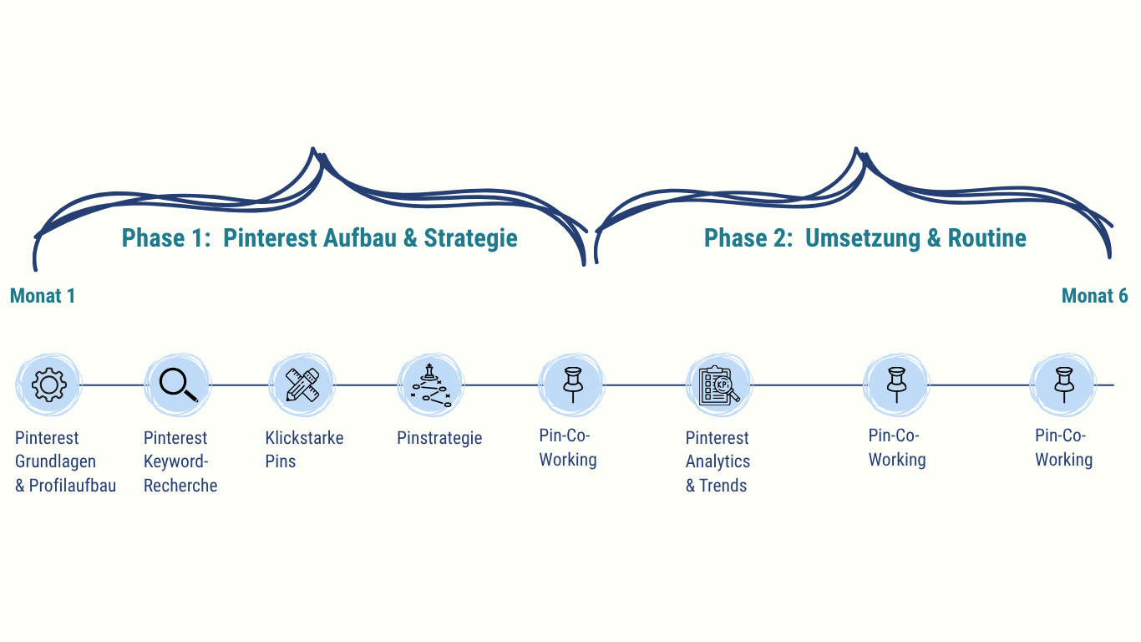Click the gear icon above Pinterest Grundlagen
(x=48, y=385)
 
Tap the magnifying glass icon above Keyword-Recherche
(x=178, y=385)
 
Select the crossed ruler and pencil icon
(x=301, y=385)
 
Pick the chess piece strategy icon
(x=430, y=385)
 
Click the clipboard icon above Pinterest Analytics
(x=718, y=385)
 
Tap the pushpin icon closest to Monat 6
(x=1062, y=385)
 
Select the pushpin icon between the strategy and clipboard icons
(x=572, y=385)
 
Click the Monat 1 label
(x=43, y=296)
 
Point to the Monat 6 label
(x=1094, y=296)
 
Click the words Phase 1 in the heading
(x=165, y=238)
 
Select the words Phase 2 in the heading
(x=748, y=238)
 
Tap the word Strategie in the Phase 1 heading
(x=470, y=238)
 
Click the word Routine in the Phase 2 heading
(x=986, y=238)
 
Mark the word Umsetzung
(x=862, y=238)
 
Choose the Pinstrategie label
(x=439, y=438)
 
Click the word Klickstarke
(x=304, y=438)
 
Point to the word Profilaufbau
(x=73, y=486)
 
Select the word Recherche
(x=180, y=486)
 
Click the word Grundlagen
(x=55, y=461)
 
